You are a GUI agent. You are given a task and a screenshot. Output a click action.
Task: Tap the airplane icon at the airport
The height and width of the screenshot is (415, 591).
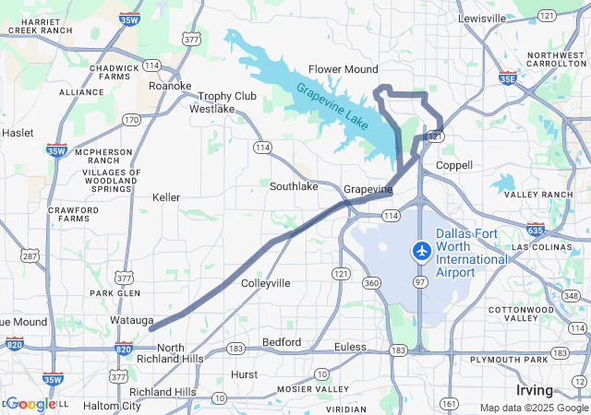[422, 250]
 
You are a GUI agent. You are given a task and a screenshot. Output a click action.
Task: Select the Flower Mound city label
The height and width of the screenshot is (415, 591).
[343, 69]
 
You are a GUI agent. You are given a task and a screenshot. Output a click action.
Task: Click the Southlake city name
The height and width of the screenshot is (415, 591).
[294, 186]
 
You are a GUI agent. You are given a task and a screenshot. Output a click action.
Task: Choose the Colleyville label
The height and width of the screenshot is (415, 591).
[265, 283]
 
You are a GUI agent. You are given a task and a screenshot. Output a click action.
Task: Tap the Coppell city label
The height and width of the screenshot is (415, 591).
[453, 165]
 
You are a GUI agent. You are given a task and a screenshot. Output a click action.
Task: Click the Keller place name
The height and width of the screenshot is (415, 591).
[166, 197]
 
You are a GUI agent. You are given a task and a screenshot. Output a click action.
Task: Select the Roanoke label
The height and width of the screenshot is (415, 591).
[170, 86]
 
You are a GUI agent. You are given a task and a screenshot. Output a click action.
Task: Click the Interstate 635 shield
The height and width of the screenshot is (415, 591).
[535, 230]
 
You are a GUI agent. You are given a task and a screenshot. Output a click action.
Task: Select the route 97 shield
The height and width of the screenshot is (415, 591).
[420, 281]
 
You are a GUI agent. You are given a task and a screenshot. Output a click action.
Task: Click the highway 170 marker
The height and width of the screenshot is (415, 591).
[131, 120]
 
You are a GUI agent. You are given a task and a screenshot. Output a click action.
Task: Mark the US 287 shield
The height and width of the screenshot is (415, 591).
[30, 255]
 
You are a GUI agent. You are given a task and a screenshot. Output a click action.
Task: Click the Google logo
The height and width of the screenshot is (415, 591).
[31, 404]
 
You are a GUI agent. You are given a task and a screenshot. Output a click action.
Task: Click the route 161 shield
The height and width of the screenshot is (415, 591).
[449, 404]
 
